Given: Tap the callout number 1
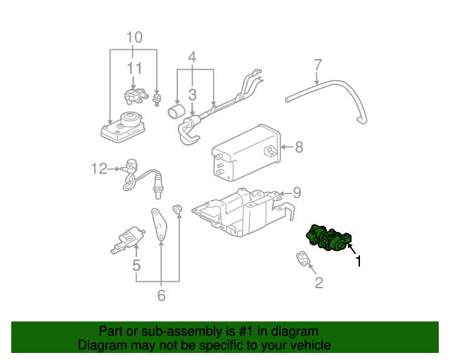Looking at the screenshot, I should [359, 262].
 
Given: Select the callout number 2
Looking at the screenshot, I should [319, 283].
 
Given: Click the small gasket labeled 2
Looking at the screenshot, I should [303, 260].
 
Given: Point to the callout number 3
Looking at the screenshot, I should [191, 94].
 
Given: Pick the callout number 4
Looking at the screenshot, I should [191, 56].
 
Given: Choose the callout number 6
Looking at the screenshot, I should [161, 296].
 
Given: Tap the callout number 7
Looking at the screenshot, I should [317, 65].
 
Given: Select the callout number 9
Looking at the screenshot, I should [297, 191].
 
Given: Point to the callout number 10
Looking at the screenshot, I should [134, 37].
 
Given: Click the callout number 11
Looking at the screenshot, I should [134, 68].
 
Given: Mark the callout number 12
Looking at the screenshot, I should [98, 168].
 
